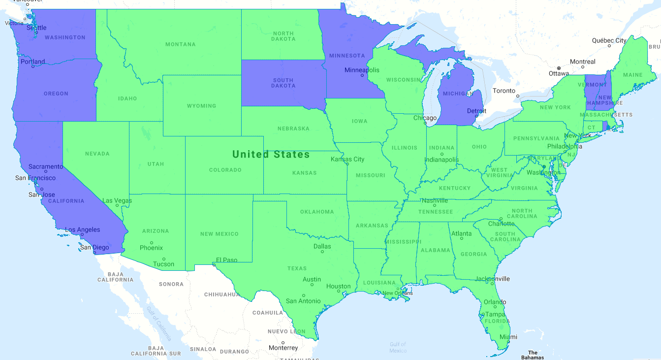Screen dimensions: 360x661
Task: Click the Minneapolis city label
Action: click(x=362, y=70)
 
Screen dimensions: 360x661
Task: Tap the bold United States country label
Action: click(x=271, y=155)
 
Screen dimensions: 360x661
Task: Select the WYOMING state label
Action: click(x=201, y=106)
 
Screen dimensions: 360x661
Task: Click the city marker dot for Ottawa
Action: click(x=559, y=68)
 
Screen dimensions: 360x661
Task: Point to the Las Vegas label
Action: click(x=117, y=200)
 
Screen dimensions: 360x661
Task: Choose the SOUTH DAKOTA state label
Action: click(x=283, y=83)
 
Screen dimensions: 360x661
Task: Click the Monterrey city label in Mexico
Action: click(x=283, y=348)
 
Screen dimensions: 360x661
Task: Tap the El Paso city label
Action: click(x=227, y=260)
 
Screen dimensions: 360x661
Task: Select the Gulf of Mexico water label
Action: click(x=398, y=347)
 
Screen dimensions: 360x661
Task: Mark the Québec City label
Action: click(x=609, y=40)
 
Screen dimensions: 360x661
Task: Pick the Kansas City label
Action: click(x=347, y=159)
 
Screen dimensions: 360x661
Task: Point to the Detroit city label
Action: click(x=476, y=111)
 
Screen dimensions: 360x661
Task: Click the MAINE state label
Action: click(x=633, y=75)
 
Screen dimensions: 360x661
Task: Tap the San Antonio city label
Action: click(x=303, y=301)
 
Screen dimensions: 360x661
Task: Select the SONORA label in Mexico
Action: click(x=171, y=284)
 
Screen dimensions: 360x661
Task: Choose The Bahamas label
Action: click(x=533, y=355)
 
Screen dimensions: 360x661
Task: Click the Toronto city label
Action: click(x=504, y=91)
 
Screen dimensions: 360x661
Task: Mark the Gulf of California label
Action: click(x=158, y=324)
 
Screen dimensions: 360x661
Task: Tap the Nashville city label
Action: click(x=435, y=200)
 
